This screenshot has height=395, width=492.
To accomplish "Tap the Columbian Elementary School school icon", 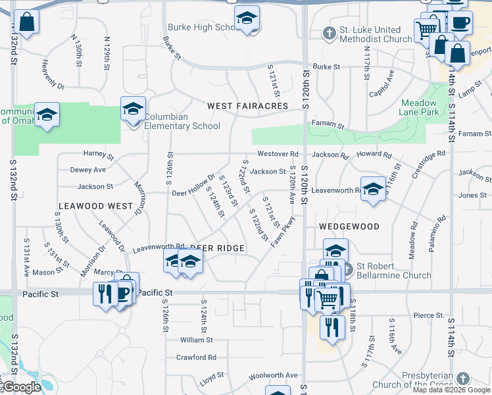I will (x=133, y=109).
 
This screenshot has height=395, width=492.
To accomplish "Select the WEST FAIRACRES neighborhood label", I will (x=247, y=105).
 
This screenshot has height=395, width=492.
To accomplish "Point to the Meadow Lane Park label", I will (x=418, y=107).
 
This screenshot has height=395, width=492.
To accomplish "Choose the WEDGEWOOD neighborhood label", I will (x=349, y=226).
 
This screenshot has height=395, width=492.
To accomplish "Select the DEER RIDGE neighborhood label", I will (x=217, y=248).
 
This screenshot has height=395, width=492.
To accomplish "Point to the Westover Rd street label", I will (x=278, y=154).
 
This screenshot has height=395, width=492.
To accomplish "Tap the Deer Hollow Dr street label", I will (x=193, y=185).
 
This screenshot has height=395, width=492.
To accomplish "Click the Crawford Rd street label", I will (x=196, y=357).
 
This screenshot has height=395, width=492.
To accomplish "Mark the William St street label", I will (x=197, y=340).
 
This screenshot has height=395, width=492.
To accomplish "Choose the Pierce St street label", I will (x=429, y=315).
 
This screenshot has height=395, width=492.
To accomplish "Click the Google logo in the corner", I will (x=22, y=388).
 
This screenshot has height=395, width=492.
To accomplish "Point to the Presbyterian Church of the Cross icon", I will (x=463, y=379).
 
